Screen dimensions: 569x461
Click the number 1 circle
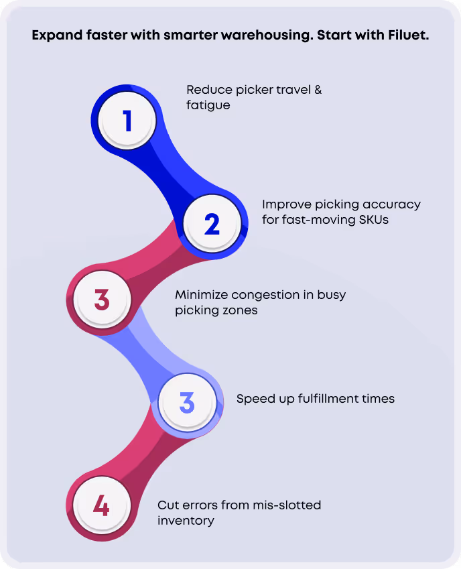(x=127, y=121)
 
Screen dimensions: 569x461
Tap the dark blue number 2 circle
(x=212, y=224)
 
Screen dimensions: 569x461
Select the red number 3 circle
(x=102, y=299)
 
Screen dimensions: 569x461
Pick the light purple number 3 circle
(x=187, y=402)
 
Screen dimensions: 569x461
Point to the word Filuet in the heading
(x=407, y=36)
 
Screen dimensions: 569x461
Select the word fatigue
(x=208, y=105)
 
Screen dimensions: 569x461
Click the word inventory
(x=186, y=521)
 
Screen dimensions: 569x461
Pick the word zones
(x=241, y=310)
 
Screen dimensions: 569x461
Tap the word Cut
(x=168, y=505)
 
